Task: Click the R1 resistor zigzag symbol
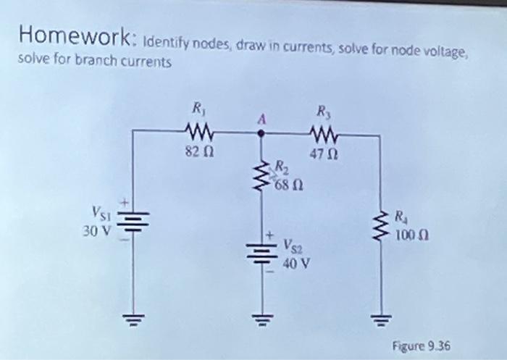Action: (198, 133)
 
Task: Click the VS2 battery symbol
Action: (261, 251)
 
